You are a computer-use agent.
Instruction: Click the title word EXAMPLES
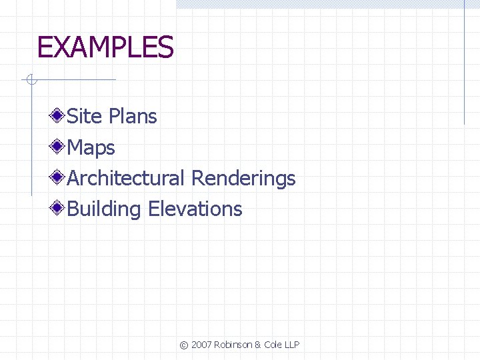pyautogui.click(x=105, y=48)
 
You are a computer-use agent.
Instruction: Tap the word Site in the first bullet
pyautogui.click(x=85, y=117)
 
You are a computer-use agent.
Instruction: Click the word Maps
pyautogui.click(x=91, y=147)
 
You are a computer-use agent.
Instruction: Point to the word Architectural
pyautogui.click(x=126, y=178)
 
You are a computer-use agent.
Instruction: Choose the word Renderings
pyautogui.click(x=243, y=179)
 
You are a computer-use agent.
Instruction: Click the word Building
pyautogui.click(x=105, y=209)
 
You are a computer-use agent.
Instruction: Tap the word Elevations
pyautogui.click(x=195, y=209)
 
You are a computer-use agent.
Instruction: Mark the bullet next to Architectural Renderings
pyautogui.click(x=59, y=177)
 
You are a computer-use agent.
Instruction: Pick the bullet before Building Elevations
pyautogui.click(x=59, y=208)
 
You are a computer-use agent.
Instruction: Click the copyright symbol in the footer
pyautogui.click(x=184, y=345)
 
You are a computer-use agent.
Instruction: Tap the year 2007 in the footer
pyautogui.click(x=201, y=345)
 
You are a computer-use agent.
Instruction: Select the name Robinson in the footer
pyautogui.click(x=234, y=345)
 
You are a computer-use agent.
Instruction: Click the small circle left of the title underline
pyautogui.click(x=30, y=81)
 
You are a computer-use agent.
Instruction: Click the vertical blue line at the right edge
pyautogui.click(x=464, y=63)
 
